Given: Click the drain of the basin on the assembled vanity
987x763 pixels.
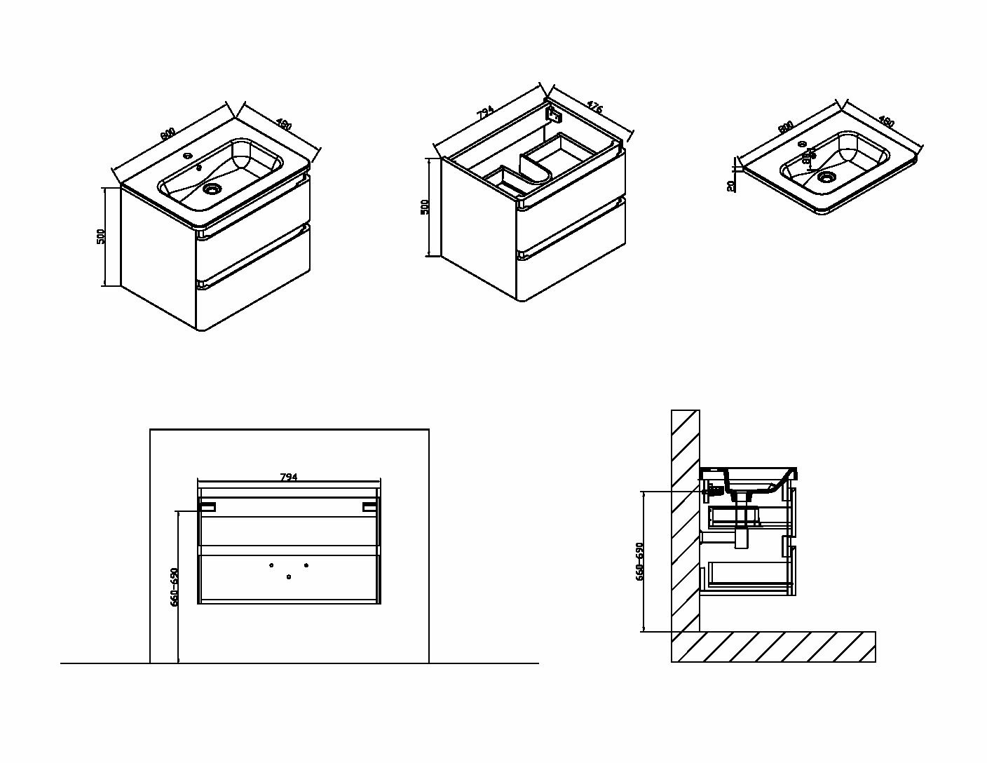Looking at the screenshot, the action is coord(211,188).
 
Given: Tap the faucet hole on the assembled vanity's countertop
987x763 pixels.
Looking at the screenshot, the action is coord(189,156).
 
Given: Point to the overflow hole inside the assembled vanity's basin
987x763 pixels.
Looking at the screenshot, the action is coord(199,168).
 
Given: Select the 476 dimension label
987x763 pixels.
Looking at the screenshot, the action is coord(594,108).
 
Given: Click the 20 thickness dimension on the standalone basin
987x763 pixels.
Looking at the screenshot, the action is coord(731,186).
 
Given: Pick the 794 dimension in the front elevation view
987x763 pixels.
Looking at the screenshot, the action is coord(289,477).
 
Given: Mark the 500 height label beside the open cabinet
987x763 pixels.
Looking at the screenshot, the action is coord(424,208).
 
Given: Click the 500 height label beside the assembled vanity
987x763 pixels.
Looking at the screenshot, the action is coord(101,236).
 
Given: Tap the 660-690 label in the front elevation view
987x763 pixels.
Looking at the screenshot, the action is coord(175,586).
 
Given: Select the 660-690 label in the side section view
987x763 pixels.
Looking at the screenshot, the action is coord(639,561).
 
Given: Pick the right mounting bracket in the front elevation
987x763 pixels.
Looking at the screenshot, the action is coord(369,506).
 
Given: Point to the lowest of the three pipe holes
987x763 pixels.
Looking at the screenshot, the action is coord(289,576).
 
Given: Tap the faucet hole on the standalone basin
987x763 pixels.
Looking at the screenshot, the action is coord(802,144).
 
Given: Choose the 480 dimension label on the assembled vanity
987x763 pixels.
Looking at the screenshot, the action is coord(283,125).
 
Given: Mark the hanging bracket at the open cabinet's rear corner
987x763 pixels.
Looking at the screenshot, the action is coord(554,112).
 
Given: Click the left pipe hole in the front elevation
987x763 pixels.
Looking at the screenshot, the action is coord(271,565).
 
